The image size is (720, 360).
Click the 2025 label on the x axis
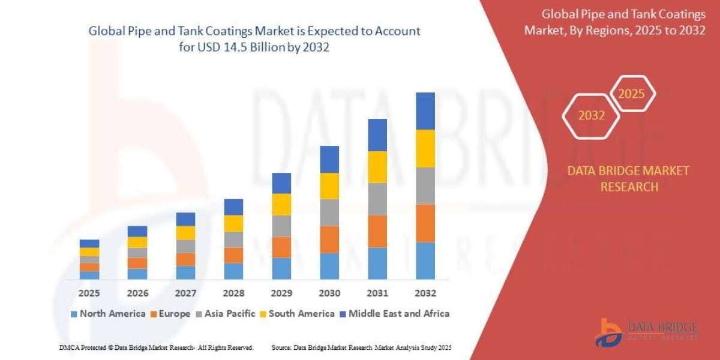[89, 293]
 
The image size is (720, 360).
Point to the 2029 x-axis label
[281, 293]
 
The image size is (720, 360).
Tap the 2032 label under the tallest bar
[425, 293]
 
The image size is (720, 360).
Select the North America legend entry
[108, 313]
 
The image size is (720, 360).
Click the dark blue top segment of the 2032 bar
[425, 111]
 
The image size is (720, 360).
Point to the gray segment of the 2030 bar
[329, 212]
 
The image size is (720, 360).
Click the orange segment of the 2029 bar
[281, 247]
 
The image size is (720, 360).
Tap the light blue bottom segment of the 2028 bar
[233, 271]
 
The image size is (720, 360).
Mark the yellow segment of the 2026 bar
[137, 242]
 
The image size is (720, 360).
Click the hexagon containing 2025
[631, 94]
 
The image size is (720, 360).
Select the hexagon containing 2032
[592, 116]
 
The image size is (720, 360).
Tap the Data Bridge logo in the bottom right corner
[646, 332]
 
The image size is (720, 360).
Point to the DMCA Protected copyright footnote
[156, 347]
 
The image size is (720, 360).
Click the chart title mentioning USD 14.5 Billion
[254, 39]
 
